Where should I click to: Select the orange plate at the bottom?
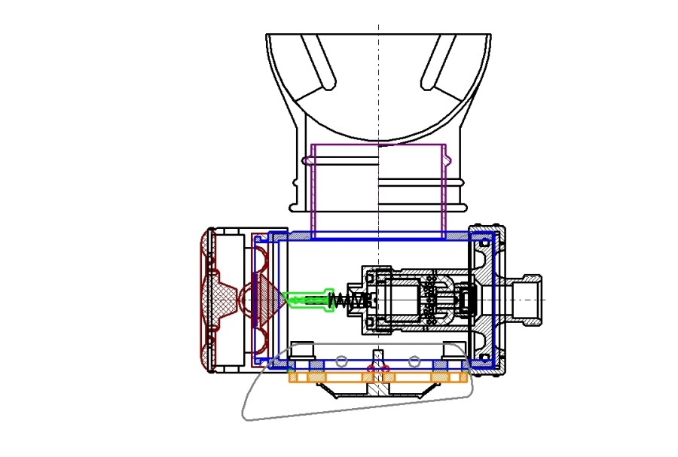(x=377, y=377)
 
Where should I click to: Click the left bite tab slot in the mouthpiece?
(x=318, y=59)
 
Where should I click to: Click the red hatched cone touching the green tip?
(x=268, y=300)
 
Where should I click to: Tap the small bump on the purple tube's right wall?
(x=449, y=160)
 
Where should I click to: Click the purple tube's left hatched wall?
(x=313, y=188)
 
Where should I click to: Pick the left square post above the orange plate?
(x=301, y=351)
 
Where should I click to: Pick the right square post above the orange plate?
(x=454, y=351)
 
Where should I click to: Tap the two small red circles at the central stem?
(x=377, y=367)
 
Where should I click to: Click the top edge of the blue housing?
(x=377, y=235)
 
